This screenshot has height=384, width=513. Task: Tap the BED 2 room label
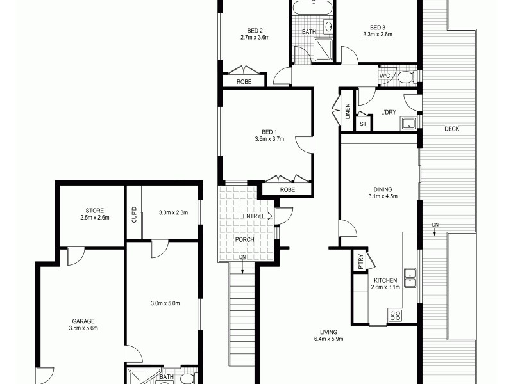255,29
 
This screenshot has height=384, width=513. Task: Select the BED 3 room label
377,27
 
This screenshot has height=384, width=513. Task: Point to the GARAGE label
83,321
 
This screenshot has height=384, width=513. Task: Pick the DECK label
451,129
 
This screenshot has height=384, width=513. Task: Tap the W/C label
385,76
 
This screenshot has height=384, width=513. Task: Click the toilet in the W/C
405,77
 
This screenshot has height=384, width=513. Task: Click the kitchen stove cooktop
395,315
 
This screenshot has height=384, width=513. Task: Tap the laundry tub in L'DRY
408,123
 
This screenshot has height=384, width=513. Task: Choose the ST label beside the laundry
363,123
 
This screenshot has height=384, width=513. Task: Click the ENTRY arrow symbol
267,217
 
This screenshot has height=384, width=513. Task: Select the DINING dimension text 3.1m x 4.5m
383,196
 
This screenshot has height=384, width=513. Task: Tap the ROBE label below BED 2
244,82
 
